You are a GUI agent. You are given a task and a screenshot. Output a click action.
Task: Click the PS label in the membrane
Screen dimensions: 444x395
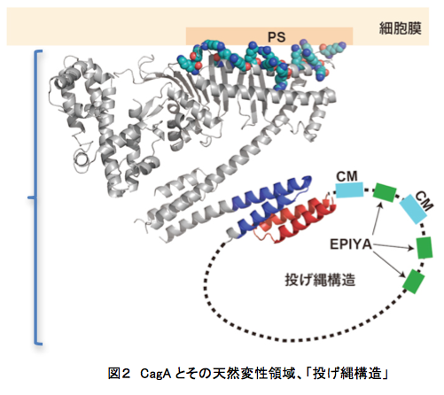pyautogui.click(x=277, y=37)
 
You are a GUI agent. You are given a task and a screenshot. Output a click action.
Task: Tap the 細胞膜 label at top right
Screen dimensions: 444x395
pyautogui.click(x=400, y=28)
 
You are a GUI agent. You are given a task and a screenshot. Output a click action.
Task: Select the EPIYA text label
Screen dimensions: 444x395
pyautogui.click(x=351, y=244)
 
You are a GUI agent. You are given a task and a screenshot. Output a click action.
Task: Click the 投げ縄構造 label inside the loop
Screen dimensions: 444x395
pyautogui.click(x=320, y=280)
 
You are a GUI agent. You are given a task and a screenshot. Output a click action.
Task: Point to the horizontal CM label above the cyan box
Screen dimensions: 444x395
pyautogui.click(x=347, y=176)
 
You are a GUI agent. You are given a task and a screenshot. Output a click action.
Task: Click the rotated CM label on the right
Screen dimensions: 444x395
pyautogui.click(x=425, y=201)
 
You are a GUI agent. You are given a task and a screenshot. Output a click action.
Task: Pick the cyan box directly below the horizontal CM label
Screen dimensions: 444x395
pyautogui.click(x=349, y=190)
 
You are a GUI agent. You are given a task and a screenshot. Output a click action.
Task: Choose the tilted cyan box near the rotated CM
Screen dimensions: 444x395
pyautogui.click(x=413, y=209)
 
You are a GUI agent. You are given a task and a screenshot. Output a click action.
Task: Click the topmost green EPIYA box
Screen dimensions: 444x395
pyautogui.click(x=385, y=192)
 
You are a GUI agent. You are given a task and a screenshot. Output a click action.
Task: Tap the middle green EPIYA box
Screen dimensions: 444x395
pyautogui.click(x=425, y=248)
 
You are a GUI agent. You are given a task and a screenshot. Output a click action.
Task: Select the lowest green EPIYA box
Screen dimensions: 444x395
pyautogui.click(x=413, y=282)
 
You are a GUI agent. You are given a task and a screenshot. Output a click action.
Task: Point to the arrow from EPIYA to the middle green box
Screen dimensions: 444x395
pyautogui.click(x=393, y=246)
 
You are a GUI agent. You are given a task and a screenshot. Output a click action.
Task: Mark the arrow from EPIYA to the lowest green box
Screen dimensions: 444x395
pyautogui.click(x=389, y=265)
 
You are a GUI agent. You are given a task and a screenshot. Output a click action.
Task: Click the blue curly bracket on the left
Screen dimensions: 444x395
pyautogui.click(x=35, y=197)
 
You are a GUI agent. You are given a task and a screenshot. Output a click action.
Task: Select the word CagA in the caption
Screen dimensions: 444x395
pyautogui.click(x=155, y=374)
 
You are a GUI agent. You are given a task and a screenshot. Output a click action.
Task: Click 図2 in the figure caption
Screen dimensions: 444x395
pyautogui.click(x=119, y=374)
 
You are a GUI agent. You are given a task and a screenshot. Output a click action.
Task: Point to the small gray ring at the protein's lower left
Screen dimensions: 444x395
pyautogui.click(x=81, y=159)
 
